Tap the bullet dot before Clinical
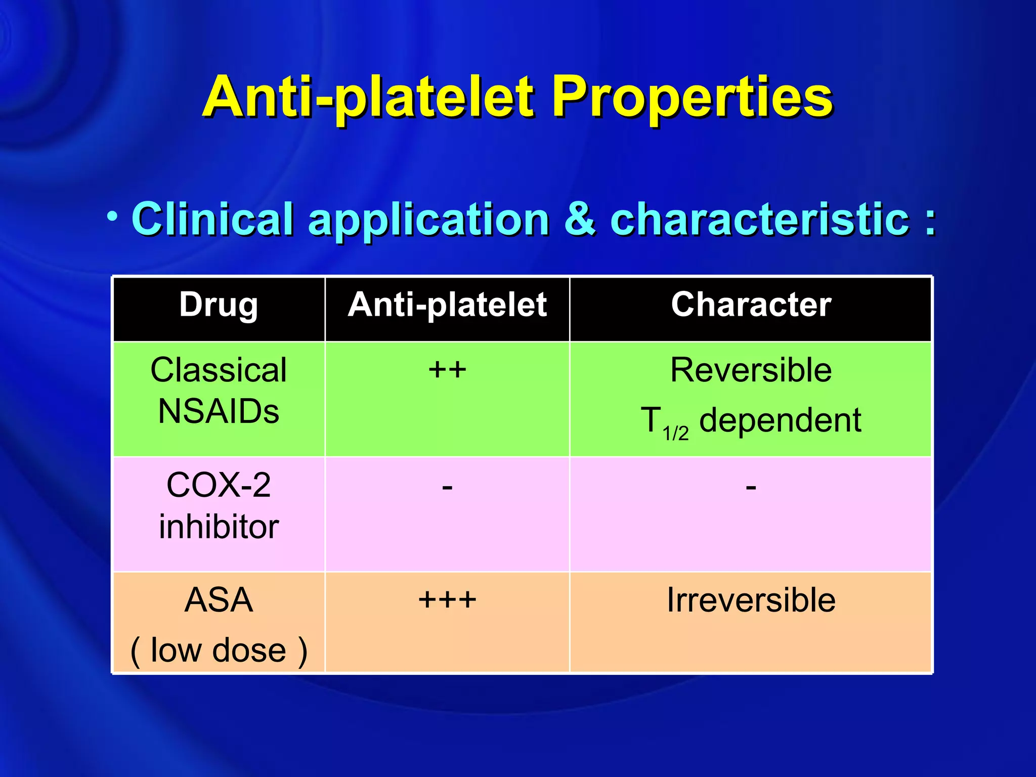click(x=112, y=217)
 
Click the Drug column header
click(x=219, y=305)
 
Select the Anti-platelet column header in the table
click(x=447, y=305)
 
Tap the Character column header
click(x=751, y=305)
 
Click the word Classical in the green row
click(x=219, y=370)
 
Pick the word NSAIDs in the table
click(x=219, y=411)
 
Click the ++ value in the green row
click(x=447, y=370)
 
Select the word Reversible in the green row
click(x=751, y=370)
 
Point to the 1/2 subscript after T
click(x=675, y=434)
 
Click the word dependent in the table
click(x=780, y=420)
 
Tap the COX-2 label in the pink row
click(x=219, y=485)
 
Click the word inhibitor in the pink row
click(x=219, y=527)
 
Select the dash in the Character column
click(x=751, y=488)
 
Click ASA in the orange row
click(x=219, y=600)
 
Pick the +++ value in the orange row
click(x=447, y=600)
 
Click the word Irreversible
click(x=751, y=600)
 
